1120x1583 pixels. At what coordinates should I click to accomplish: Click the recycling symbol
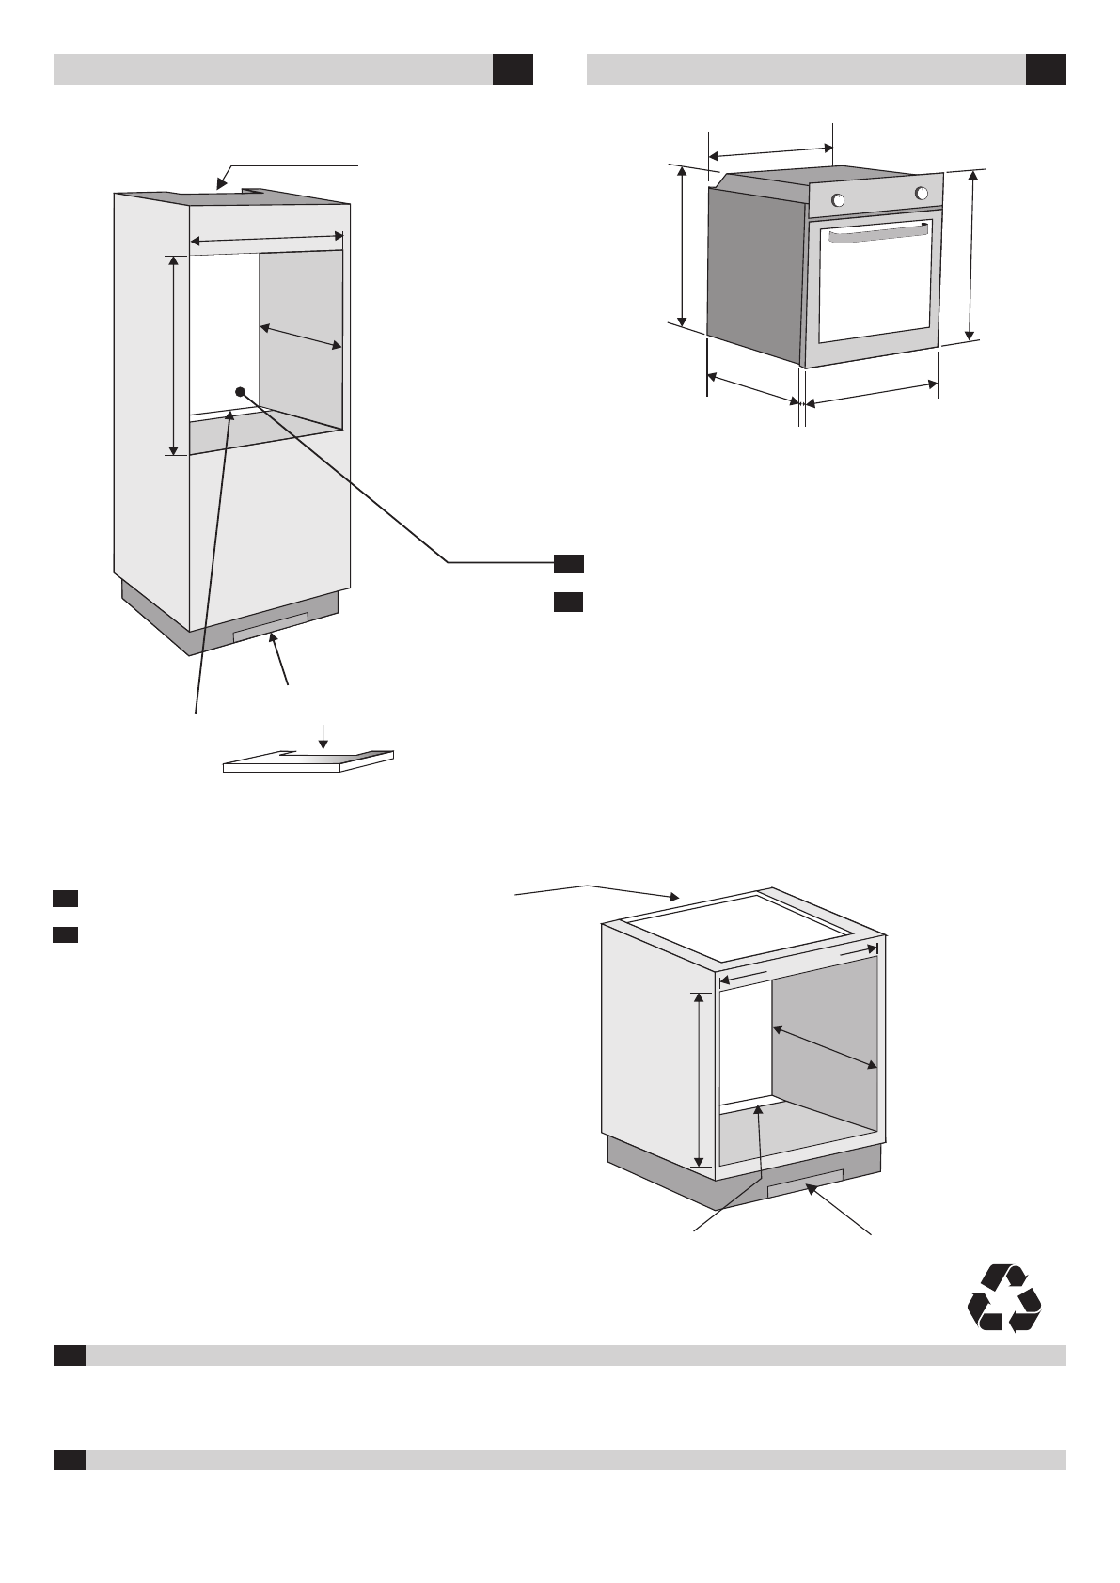tap(1004, 1297)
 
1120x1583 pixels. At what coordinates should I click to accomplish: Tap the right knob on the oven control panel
tap(922, 193)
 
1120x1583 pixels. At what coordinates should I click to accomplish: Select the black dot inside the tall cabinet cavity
tap(241, 391)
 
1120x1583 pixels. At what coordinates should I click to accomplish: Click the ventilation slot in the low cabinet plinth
tap(805, 1183)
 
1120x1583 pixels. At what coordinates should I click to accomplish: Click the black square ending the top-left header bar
tap(513, 70)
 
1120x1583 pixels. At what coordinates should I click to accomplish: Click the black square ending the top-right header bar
tap(1045, 70)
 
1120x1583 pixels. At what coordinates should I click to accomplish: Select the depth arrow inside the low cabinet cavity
tap(825, 1046)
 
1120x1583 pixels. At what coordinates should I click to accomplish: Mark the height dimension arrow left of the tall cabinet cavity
tap(174, 354)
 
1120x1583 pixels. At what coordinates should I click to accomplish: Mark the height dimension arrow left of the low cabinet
tap(699, 1078)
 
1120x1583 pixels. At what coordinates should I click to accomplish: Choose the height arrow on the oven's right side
tap(972, 255)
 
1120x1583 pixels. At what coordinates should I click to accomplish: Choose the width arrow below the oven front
tap(872, 394)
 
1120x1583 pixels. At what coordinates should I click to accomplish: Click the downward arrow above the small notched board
tap(323, 734)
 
